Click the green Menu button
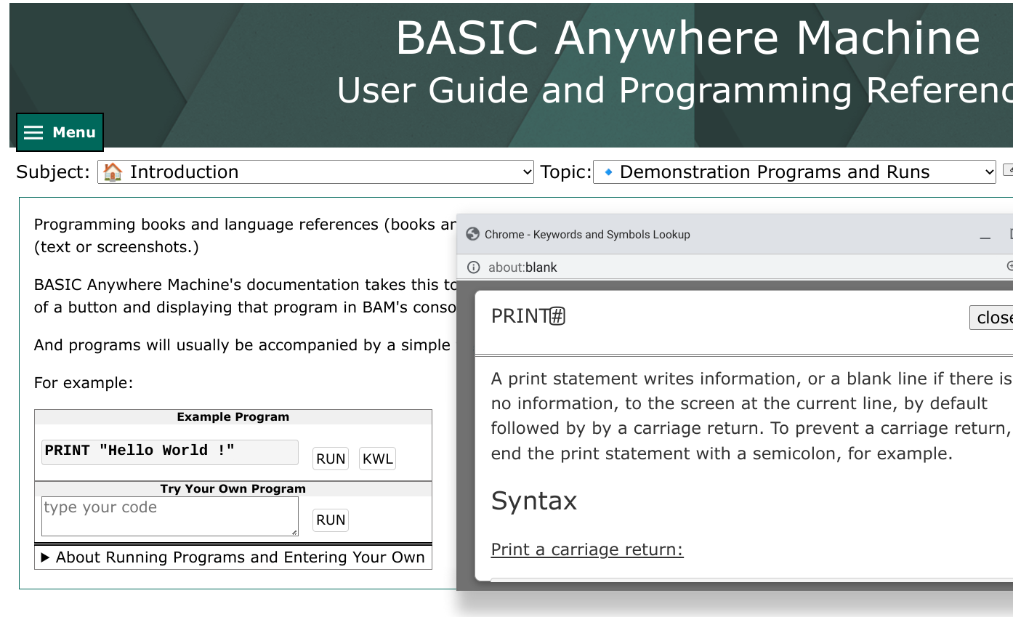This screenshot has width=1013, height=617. tap(60, 132)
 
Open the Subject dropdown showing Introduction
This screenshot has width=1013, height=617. tap(315, 172)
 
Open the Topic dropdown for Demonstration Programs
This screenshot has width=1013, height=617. tap(794, 172)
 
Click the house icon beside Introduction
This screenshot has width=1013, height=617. tap(112, 172)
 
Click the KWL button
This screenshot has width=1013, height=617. tap(377, 459)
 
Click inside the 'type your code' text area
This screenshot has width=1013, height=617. tap(169, 516)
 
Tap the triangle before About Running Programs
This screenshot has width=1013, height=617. tap(45, 557)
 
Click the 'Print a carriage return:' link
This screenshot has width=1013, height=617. tap(587, 549)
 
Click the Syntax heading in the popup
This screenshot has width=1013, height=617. tap(534, 501)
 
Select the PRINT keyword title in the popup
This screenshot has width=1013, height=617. tap(528, 316)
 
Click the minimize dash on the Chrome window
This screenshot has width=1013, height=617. tap(985, 238)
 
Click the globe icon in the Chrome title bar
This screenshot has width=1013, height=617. tap(472, 234)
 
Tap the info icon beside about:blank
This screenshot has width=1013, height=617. tap(474, 267)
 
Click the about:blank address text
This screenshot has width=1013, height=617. tap(522, 267)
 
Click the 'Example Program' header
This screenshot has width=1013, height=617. tap(233, 416)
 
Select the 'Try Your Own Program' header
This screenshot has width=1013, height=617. tap(233, 488)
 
